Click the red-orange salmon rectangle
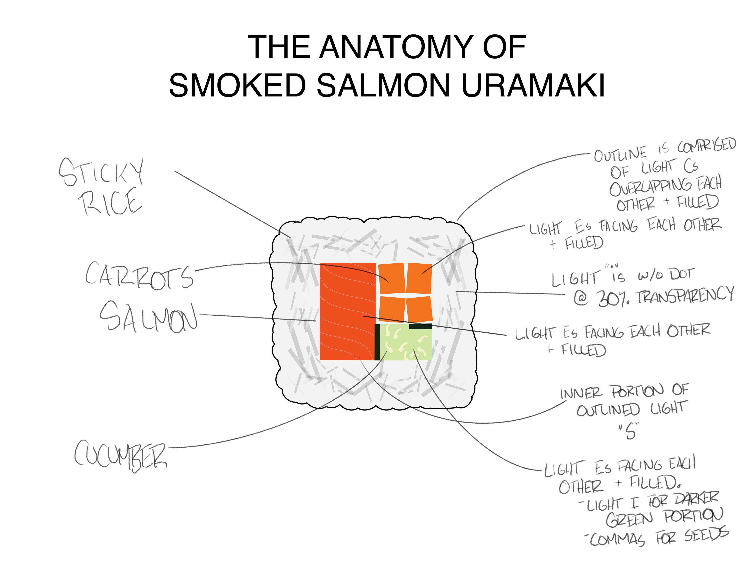tap(347, 311)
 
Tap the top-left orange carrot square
tap(391, 278)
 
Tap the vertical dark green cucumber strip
tap(377, 342)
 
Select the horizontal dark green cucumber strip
tap(421, 326)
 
